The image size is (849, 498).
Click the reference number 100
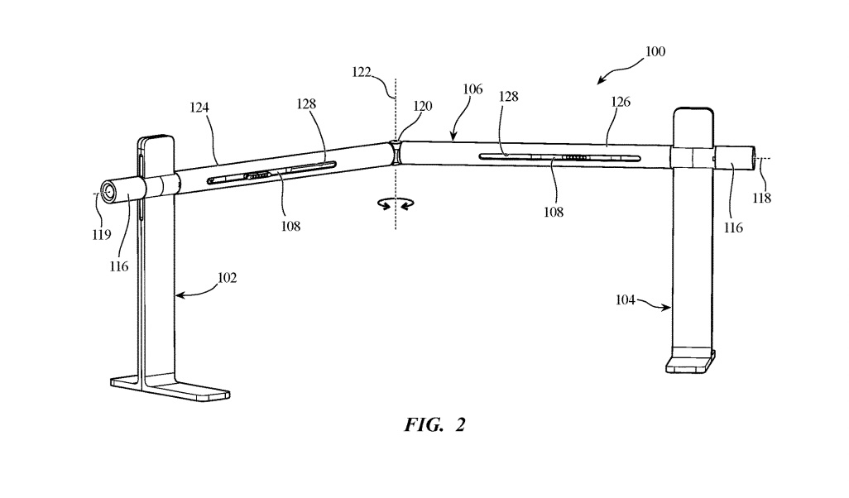tap(655, 51)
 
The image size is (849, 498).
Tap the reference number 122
tap(362, 72)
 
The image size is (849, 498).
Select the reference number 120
tap(423, 106)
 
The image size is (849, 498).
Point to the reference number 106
tap(472, 89)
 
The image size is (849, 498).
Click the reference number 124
tap(199, 108)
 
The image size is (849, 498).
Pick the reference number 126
tap(621, 102)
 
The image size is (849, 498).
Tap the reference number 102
tap(227, 278)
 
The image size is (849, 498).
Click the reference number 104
tap(625, 299)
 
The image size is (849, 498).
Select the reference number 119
tap(101, 234)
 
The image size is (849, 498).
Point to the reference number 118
tap(761, 198)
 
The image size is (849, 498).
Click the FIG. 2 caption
tap(434, 424)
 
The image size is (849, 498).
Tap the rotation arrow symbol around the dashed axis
tap(396, 203)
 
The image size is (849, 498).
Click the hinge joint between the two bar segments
tap(396, 151)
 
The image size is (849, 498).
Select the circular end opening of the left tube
tap(108, 192)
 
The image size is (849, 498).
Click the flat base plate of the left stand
tap(170, 388)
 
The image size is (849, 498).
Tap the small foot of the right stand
tap(690, 362)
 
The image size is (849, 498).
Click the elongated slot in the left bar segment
tap(271, 171)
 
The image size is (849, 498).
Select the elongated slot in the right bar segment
tap(559, 157)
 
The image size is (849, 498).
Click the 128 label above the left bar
tap(306, 104)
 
